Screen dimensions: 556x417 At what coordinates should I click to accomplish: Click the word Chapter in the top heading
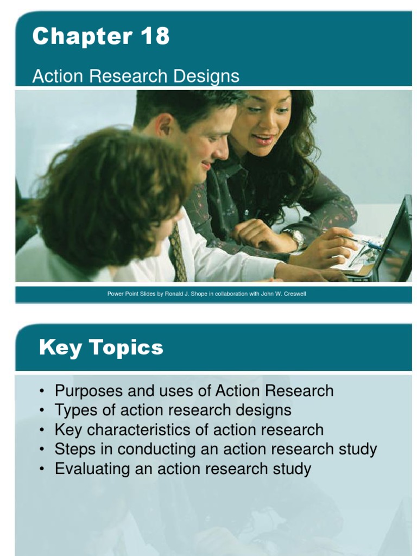point(80,37)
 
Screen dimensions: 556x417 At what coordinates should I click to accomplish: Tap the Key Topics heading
point(101,347)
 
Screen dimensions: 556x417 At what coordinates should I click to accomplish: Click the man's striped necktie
point(178,252)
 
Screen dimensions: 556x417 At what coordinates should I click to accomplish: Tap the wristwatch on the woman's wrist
point(295,237)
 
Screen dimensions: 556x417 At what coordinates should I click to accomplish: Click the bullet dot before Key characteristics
point(43,430)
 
